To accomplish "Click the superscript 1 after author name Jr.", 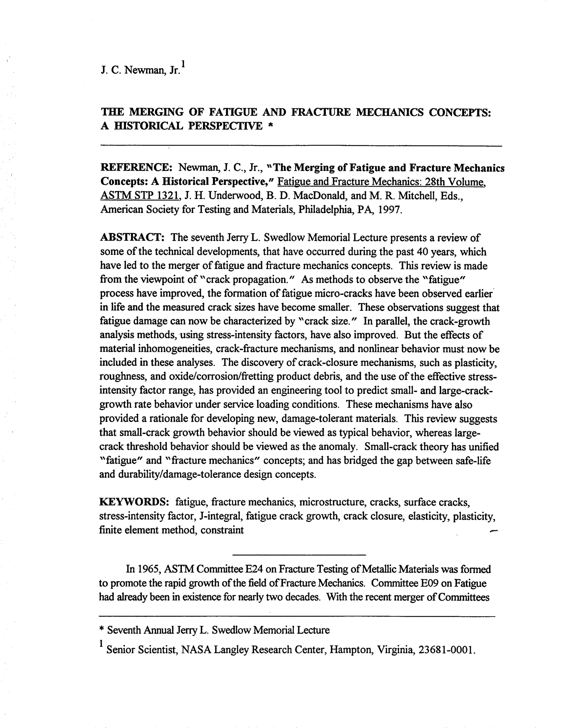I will [183, 63].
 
